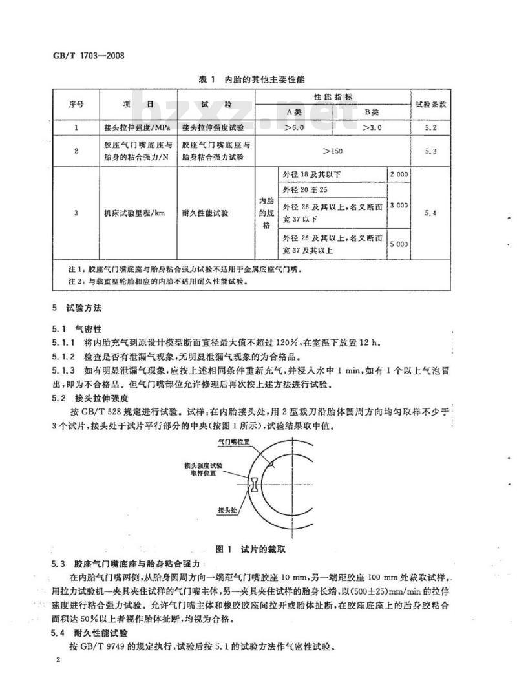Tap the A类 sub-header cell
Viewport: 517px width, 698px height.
[x=293, y=111]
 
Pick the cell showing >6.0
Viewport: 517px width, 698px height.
[x=294, y=127]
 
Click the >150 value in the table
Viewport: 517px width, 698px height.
[x=333, y=151]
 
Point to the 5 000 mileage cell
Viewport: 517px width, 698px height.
[x=398, y=244]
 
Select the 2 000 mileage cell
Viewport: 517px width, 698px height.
[x=398, y=175]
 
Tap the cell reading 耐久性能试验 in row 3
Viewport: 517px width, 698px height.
[x=206, y=212]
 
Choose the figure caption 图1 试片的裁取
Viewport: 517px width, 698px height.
[x=257, y=549]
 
